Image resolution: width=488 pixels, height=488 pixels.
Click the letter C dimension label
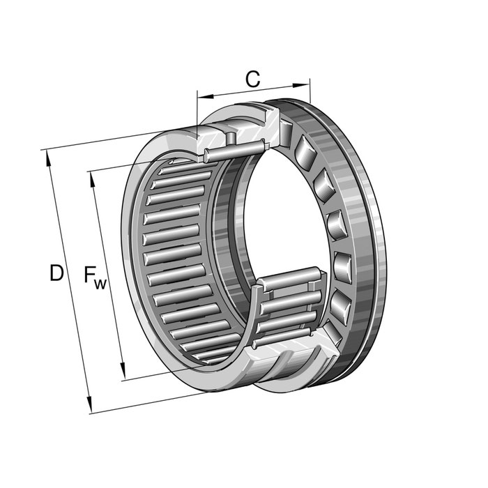coord(252,79)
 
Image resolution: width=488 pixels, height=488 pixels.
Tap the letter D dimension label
coord(56,273)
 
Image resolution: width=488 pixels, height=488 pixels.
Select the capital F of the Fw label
coord(90,274)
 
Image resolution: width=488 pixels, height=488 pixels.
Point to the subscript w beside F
coord(100,284)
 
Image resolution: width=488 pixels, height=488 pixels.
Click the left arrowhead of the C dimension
coord(206,96)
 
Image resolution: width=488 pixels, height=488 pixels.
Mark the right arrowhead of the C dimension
coord(301,85)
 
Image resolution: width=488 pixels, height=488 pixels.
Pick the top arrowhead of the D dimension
coord(48,158)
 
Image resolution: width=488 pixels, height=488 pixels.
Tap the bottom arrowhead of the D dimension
coord(89,404)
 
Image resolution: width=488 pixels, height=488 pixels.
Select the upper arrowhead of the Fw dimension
coord(93,179)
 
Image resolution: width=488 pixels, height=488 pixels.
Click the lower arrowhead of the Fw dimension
coord(123,371)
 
